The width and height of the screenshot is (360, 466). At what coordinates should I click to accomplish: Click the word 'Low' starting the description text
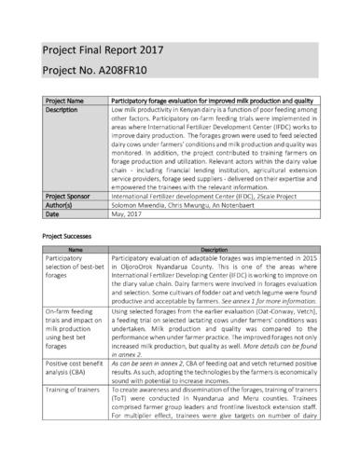click(x=118, y=110)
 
